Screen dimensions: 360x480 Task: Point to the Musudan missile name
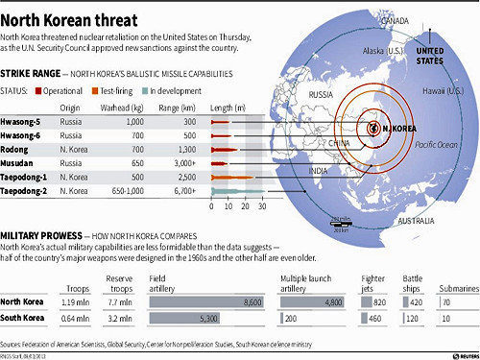tap(22, 163)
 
